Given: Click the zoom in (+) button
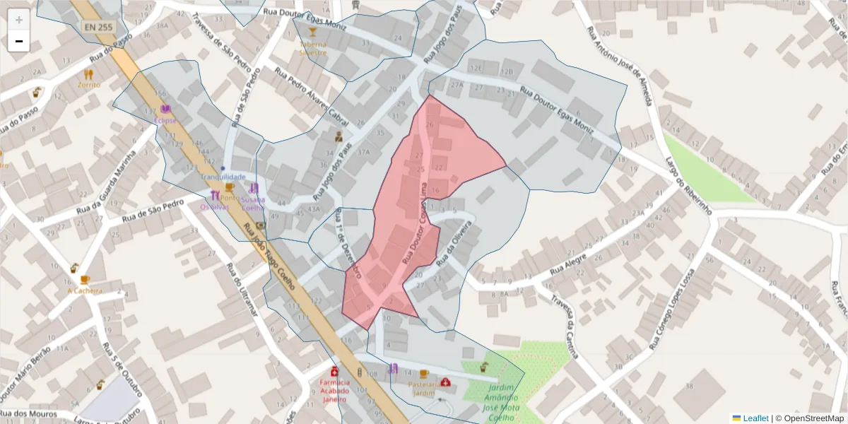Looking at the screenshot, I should pyautogui.click(x=19, y=19).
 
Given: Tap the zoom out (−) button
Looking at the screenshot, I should pyautogui.click(x=19, y=41).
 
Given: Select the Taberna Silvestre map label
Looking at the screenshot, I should pyautogui.click(x=312, y=48).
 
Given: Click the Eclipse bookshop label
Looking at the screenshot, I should pyautogui.click(x=165, y=120).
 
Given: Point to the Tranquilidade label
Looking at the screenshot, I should pyautogui.click(x=223, y=177).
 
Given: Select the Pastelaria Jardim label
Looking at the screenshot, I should pyautogui.click(x=423, y=388).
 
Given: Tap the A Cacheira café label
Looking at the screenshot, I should pyautogui.click(x=85, y=290).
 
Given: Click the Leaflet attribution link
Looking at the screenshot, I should pyautogui.click(x=755, y=418).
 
